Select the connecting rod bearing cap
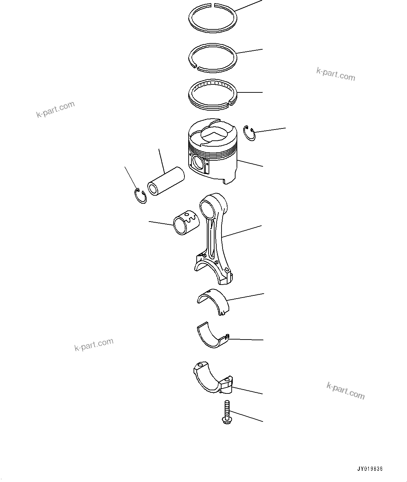click(x=213, y=380)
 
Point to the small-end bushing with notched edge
click(x=186, y=223)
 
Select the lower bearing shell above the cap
click(x=211, y=336)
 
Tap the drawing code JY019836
click(x=370, y=469)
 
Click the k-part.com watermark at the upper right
click(x=336, y=74)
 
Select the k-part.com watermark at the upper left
click(x=55, y=109)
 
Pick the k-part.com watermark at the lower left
click(x=94, y=344)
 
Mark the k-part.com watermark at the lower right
click(x=345, y=391)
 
